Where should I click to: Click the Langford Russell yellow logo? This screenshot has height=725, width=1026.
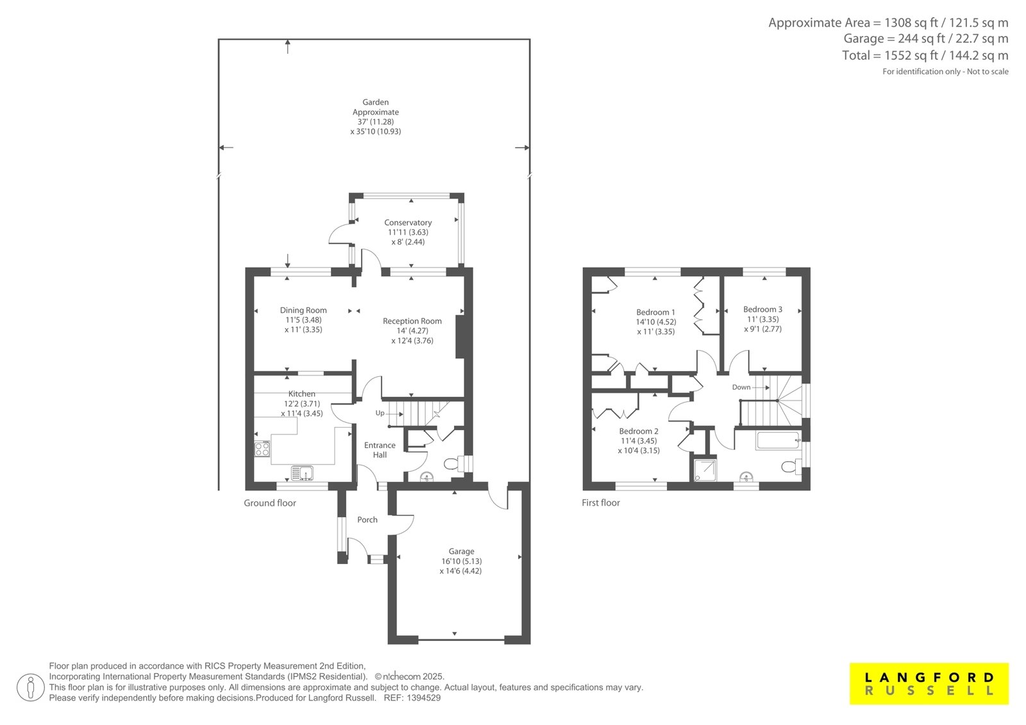tap(929, 683)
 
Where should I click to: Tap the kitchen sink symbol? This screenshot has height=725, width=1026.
tap(302, 472)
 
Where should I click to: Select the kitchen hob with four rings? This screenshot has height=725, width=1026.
tap(262, 449)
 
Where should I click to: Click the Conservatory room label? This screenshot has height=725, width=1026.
tap(408, 222)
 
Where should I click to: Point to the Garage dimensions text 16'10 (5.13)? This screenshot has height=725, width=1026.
tap(461, 561)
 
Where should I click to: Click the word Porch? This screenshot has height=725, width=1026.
tap(367, 520)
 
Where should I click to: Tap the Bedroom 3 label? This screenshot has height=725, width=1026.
tap(762, 310)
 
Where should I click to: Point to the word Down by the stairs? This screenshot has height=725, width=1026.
tap(741, 387)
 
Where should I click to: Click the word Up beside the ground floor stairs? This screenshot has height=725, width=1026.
tap(380, 413)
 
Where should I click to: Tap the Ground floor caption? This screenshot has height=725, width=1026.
tap(270, 503)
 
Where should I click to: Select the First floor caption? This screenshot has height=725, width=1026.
tap(600, 503)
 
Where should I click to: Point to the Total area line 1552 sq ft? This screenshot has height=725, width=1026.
tap(925, 55)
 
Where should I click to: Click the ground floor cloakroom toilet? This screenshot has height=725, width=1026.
tap(452, 464)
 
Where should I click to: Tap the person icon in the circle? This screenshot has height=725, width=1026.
tap(31, 687)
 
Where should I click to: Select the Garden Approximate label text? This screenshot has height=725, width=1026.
tap(376, 107)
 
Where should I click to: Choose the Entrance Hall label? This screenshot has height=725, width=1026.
tap(380, 450)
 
